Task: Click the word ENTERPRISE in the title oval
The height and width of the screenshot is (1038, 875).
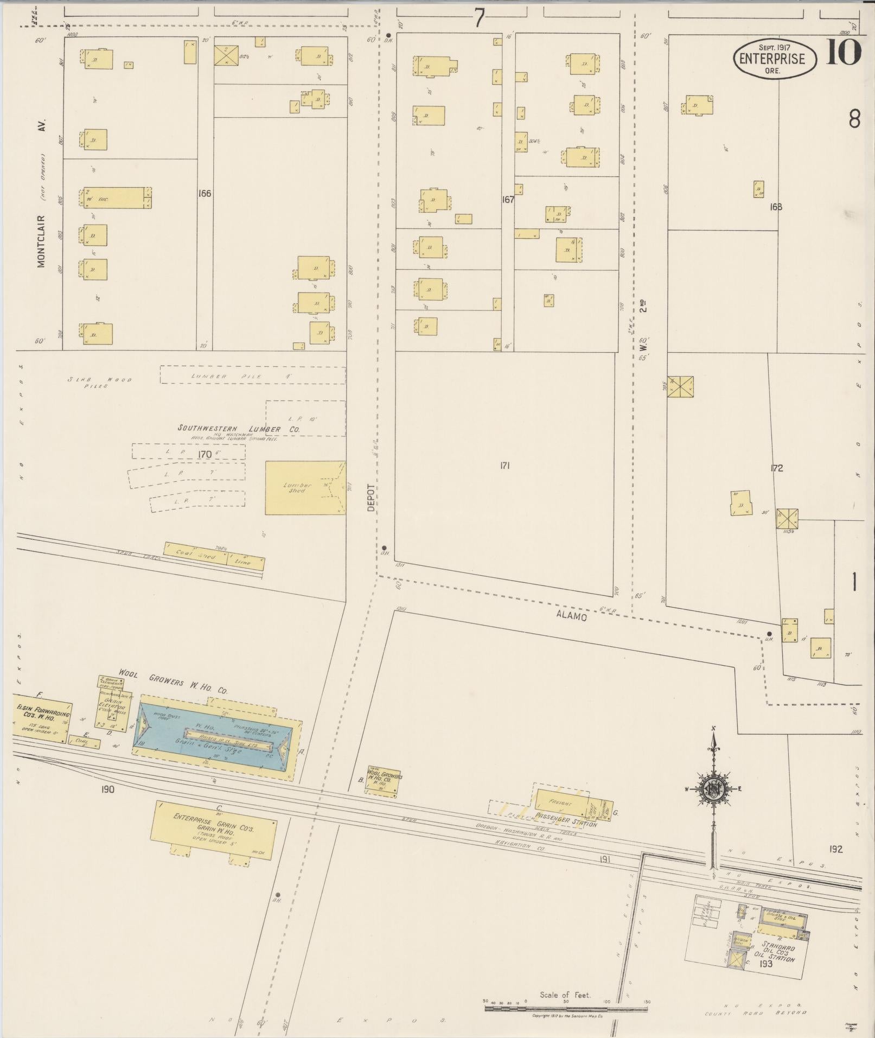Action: coord(775,59)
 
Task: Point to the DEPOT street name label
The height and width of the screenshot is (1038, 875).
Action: coord(371,497)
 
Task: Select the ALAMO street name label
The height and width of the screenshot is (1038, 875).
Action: coord(572,616)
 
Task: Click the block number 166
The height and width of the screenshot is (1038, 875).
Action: coord(205,193)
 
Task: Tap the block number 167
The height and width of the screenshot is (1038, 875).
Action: coord(508,200)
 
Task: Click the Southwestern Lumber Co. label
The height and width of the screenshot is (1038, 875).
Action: coord(239,429)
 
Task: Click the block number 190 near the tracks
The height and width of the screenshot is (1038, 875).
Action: coord(107,789)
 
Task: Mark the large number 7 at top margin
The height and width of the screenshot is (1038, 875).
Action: coord(479,19)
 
